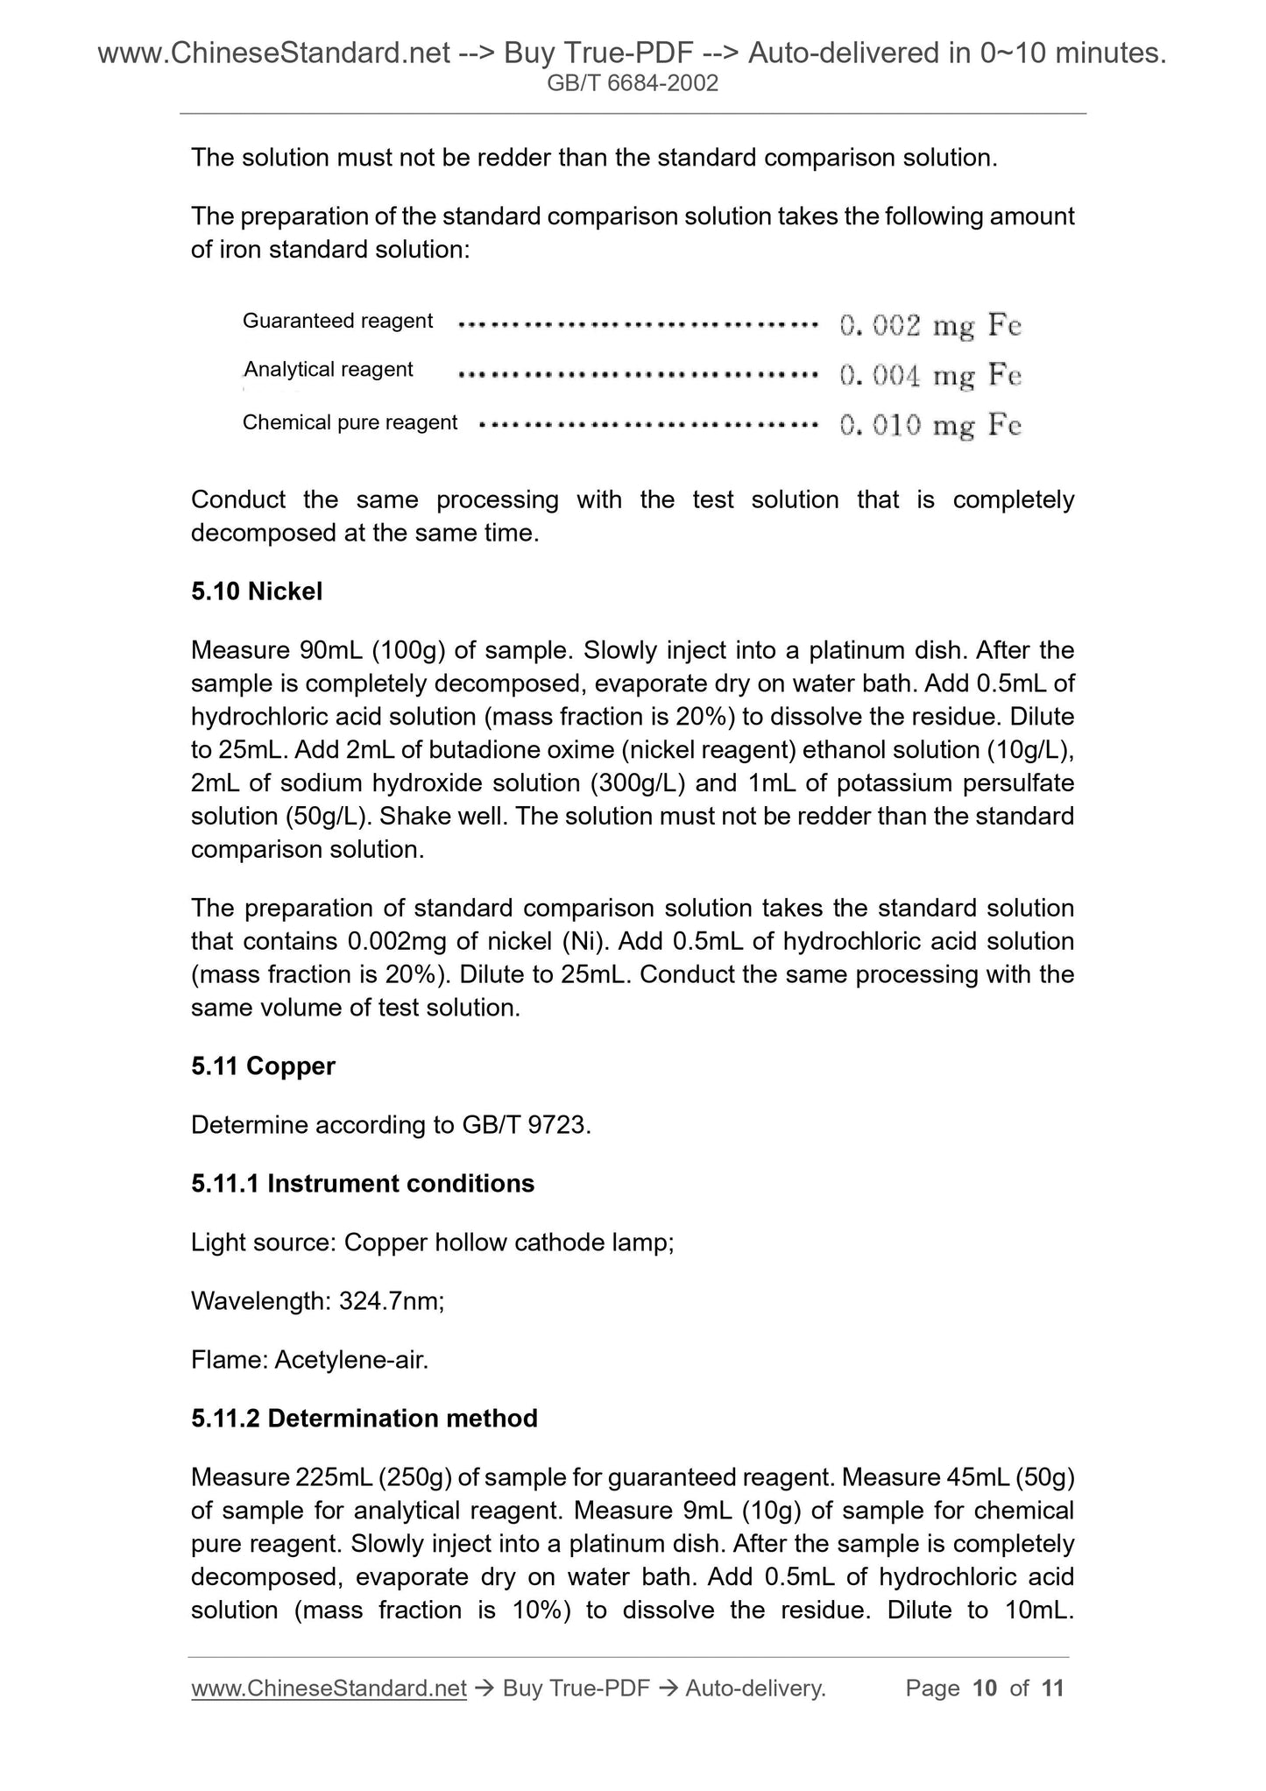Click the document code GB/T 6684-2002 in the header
pos(632,83)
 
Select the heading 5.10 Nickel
pos(257,591)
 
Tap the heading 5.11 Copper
pos(263,1065)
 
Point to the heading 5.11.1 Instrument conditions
pos(362,1184)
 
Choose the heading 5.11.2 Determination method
pos(364,1418)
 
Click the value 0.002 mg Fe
pos(930,326)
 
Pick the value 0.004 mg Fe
pos(930,376)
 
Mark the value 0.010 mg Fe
pos(930,426)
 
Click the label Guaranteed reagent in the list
pos(337,321)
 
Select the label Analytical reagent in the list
pos(328,370)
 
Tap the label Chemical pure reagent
pos(350,422)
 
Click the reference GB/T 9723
pos(525,1124)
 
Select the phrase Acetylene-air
pos(351,1360)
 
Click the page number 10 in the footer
pos(985,1688)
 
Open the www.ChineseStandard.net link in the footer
pos(329,1688)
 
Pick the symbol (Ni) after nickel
pos(585,941)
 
